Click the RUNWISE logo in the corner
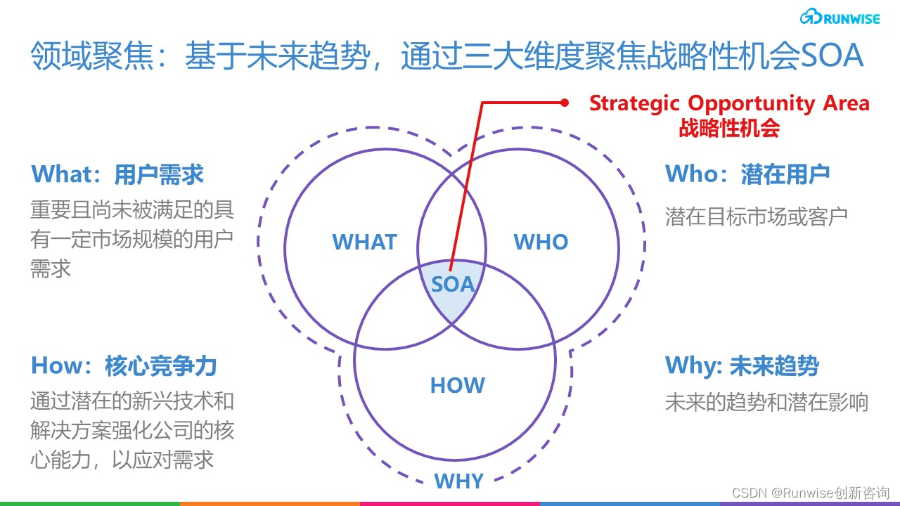[x=840, y=18]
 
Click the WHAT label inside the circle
[x=364, y=242]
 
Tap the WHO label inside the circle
[x=541, y=242]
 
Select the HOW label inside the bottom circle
[x=457, y=385]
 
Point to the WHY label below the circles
[x=458, y=481]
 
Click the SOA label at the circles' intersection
[x=453, y=285]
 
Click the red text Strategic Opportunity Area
[x=729, y=103]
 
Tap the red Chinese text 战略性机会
[x=729, y=128]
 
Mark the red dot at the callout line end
[x=564, y=103]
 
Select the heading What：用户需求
[x=117, y=174]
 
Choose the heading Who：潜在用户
[x=747, y=174]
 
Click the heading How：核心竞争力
[x=124, y=366]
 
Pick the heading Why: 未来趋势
[x=742, y=366]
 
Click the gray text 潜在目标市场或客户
[x=757, y=216]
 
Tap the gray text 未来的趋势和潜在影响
[x=766, y=403]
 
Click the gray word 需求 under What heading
[x=51, y=268]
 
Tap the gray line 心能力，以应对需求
[x=122, y=460]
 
